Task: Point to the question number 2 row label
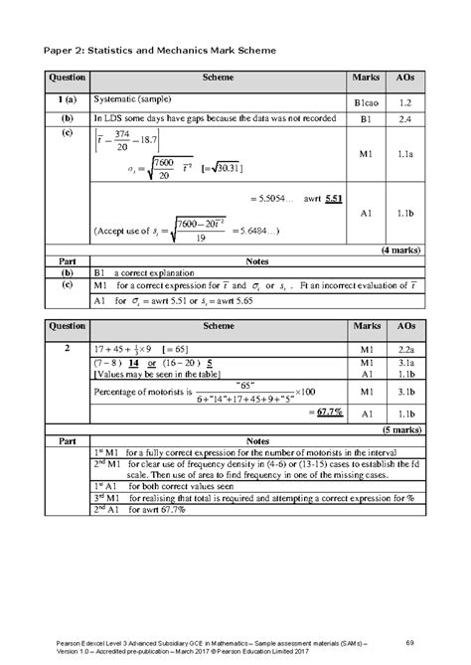(x=65, y=350)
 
